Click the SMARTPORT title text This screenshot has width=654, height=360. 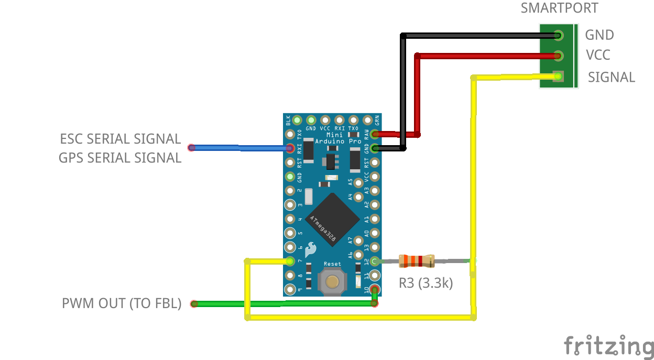(559, 8)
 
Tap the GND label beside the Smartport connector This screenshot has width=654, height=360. (599, 35)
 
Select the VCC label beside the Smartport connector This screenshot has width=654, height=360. (598, 55)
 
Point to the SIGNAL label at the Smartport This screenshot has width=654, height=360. (611, 77)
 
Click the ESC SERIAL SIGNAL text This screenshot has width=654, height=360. (121, 139)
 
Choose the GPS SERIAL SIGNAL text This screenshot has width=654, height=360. (120, 158)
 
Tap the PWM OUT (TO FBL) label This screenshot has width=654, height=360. (122, 303)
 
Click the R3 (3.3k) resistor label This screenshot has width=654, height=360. (426, 283)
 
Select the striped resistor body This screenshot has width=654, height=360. (417, 260)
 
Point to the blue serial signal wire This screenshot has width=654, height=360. (241, 148)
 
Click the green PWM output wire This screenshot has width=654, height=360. (283, 303)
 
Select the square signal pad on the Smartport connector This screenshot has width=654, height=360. (558, 77)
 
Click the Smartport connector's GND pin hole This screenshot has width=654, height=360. (558, 36)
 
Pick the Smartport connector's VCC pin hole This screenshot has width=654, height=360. (558, 56)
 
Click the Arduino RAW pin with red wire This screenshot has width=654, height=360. (375, 134)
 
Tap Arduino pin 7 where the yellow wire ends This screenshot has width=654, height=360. (290, 261)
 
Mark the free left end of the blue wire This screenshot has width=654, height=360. (192, 148)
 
